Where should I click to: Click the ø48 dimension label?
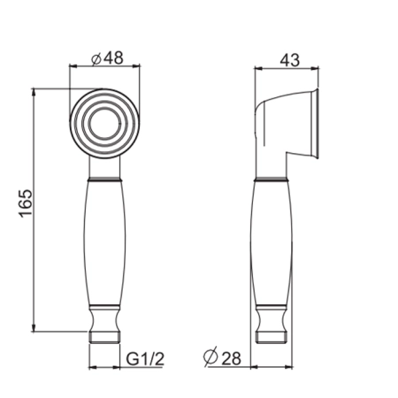tap(107, 58)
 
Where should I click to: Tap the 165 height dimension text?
tap(26, 203)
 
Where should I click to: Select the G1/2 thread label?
tap(145, 359)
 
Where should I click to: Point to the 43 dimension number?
tap(289, 60)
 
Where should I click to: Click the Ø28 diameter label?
tap(222, 358)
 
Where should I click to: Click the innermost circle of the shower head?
tap(104, 123)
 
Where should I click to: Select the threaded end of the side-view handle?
tap(272, 336)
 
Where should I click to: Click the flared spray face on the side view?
tap(315, 124)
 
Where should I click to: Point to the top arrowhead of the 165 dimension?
tap(34, 92)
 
